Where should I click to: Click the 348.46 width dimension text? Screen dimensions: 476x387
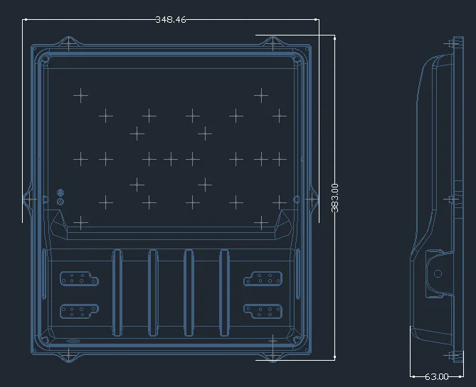pyautogui.click(x=171, y=20)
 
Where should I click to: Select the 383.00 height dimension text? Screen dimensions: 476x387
pyautogui.click(x=335, y=198)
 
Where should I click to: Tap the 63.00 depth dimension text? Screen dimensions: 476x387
pyautogui.click(x=436, y=376)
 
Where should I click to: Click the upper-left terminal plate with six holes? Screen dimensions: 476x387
pyautogui.click(x=79, y=279)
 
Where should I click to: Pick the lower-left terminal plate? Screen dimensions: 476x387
pyautogui.click(x=79, y=311)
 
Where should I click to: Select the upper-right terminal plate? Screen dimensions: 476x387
pyautogui.click(x=263, y=279)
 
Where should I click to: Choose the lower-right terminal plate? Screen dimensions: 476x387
pyautogui.click(x=263, y=311)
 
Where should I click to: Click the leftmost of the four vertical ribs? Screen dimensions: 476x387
pyautogui.click(x=117, y=293)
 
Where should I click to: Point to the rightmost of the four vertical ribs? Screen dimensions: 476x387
pyautogui.click(x=224, y=293)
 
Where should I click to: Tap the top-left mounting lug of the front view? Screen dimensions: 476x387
pyautogui.click(x=68, y=43)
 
